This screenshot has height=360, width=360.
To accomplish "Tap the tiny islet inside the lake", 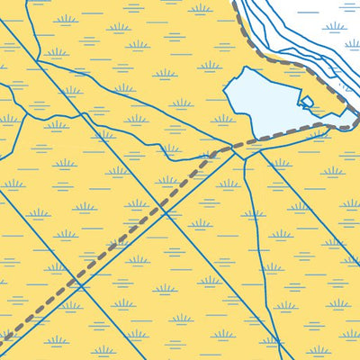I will (x=307, y=102).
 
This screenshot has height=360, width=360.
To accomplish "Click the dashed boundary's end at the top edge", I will (x=236, y=3).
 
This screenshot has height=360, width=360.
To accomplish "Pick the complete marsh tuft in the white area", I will (x=334, y=28).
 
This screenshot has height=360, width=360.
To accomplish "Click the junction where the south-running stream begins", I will (x=240, y=155).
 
